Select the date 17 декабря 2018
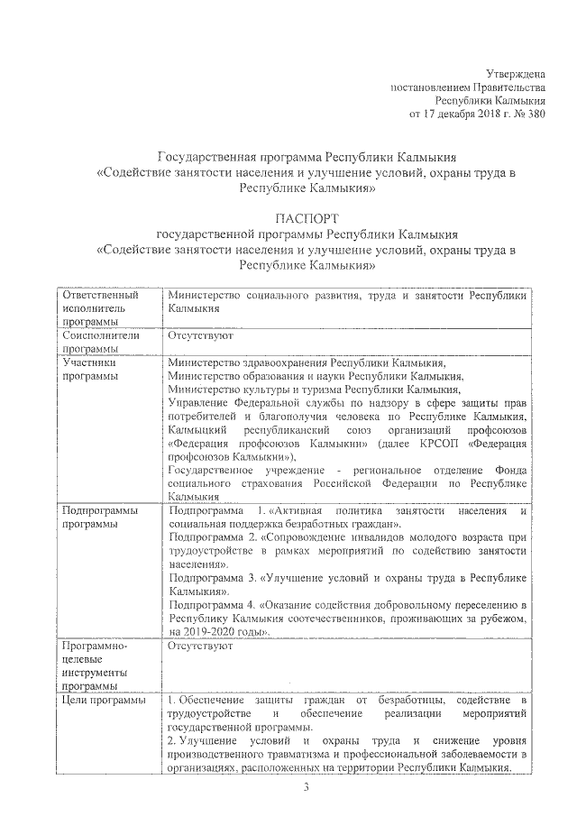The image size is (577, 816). point(463,115)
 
